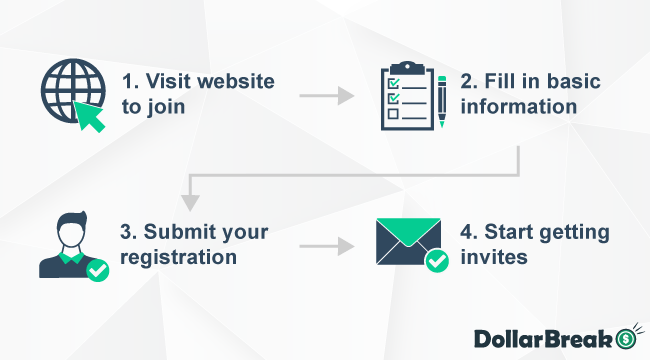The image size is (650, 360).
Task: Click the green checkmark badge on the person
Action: coord(97,269)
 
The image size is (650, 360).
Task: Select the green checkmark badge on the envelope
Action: coord(437,263)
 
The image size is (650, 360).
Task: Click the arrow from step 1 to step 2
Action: coord(327,96)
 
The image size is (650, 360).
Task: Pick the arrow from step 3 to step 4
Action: coord(327,245)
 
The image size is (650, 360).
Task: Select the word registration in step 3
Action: coord(178,257)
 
